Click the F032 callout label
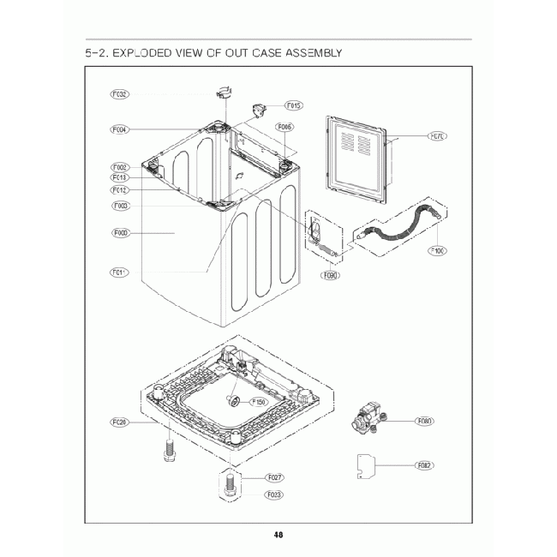(x=120, y=93)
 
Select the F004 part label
(x=120, y=130)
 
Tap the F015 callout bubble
(x=292, y=105)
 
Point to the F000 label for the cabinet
(x=120, y=232)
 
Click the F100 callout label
(x=437, y=251)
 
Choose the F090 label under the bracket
(x=329, y=276)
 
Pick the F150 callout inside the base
(x=258, y=401)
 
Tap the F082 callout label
(x=424, y=465)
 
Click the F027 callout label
(x=275, y=477)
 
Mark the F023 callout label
(x=275, y=494)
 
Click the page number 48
(x=278, y=535)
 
